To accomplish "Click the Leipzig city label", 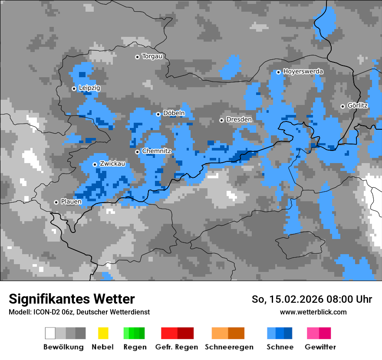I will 89,88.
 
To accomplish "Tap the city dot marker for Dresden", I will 221,120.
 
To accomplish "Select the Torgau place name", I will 152,56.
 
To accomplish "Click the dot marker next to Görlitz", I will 342,106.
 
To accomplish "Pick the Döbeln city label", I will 174,113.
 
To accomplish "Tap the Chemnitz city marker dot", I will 137,152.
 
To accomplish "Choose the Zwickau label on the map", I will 112,164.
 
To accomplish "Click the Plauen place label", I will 71,202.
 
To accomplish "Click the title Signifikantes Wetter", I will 72,299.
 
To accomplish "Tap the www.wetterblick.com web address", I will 313,312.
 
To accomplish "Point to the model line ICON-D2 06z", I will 79,312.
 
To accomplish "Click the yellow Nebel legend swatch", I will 103,333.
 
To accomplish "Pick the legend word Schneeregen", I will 229,347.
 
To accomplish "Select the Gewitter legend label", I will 320,347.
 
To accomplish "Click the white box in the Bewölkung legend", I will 50,333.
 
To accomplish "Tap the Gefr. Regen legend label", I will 177,347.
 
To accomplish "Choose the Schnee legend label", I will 280,347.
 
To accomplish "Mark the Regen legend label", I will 134,347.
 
